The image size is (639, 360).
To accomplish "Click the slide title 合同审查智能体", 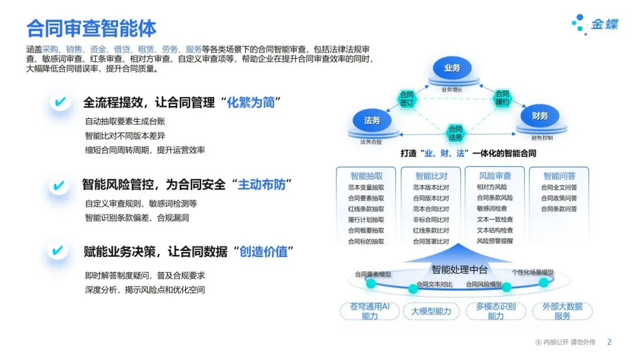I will click(x=92, y=28).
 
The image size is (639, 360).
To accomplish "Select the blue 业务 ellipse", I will click(x=452, y=69).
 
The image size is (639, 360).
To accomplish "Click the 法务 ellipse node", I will click(x=372, y=120).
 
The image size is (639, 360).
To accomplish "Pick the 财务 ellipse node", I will click(x=540, y=117).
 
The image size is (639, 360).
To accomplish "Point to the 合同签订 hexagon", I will click(x=407, y=98).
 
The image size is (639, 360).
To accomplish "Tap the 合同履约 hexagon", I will click(x=502, y=98).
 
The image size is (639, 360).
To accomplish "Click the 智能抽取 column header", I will click(x=366, y=176).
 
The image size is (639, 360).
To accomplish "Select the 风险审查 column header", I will click(x=495, y=176).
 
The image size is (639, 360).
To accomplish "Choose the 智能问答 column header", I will click(x=559, y=176).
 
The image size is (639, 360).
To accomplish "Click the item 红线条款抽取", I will click(x=366, y=209).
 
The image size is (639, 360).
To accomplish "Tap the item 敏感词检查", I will click(x=492, y=209).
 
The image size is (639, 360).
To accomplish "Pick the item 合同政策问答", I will click(x=559, y=198).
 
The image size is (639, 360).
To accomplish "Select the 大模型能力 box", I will click(x=431, y=311).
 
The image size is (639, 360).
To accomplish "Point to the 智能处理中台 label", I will click(x=459, y=270).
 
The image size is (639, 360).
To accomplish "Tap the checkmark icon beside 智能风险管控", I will click(x=59, y=185).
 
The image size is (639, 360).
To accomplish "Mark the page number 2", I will click(x=609, y=342).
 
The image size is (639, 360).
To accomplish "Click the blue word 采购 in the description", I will click(x=50, y=49).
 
